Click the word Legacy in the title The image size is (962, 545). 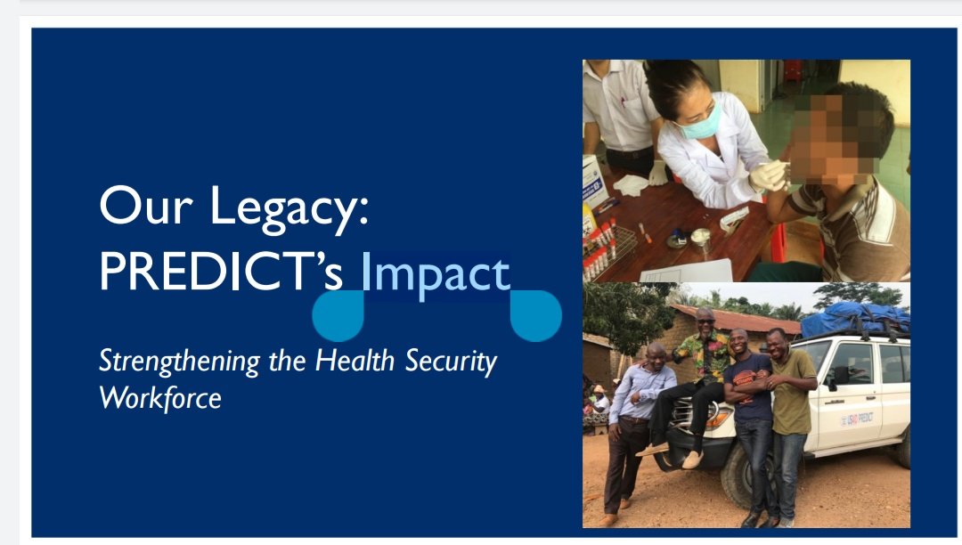[x=289, y=208]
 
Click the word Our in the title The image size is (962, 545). [x=146, y=206]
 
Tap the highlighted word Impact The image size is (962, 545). [x=436, y=274]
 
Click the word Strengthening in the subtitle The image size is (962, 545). [x=180, y=361]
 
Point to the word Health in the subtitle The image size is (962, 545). [x=355, y=360]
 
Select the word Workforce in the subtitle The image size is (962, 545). [x=160, y=398]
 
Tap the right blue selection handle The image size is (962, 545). [x=535, y=316]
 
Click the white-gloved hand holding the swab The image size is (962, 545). [x=768, y=176]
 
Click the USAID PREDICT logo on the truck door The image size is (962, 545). [x=857, y=419]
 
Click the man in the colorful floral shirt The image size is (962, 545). [x=697, y=386]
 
